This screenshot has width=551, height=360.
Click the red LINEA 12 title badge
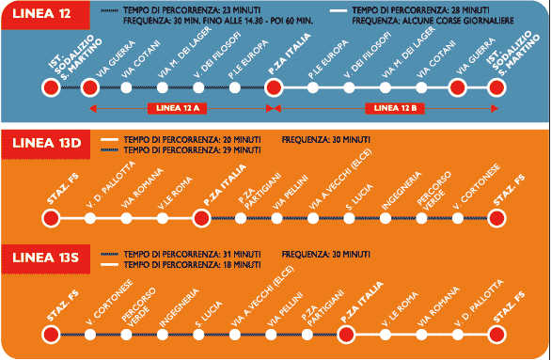click(x=46, y=15)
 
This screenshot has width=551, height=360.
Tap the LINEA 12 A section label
click(x=177, y=108)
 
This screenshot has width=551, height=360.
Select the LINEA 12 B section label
click(x=395, y=108)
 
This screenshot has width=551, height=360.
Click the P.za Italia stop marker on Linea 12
click(x=274, y=87)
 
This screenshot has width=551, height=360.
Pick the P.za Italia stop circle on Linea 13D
click(x=202, y=218)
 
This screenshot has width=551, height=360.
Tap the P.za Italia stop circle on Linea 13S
click(x=346, y=335)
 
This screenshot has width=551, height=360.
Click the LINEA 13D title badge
click(x=46, y=145)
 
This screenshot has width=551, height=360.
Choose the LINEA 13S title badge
click(x=46, y=258)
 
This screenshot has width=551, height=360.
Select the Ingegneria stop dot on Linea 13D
click(x=386, y=218)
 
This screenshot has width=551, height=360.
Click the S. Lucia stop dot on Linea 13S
click(x=198, y=335)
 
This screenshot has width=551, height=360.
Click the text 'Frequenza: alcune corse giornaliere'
click(x=433, y=21)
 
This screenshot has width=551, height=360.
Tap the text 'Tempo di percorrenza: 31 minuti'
click(x=192, y=254)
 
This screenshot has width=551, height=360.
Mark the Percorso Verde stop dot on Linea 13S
click(x=127, y=335)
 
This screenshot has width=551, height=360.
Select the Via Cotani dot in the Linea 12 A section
click(x=127, y=87)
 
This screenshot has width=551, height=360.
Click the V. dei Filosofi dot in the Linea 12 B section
click(x=349, y=87)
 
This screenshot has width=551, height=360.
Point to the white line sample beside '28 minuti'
click(x=338, y=11)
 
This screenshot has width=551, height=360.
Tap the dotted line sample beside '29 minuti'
click(x=110, y=150)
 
